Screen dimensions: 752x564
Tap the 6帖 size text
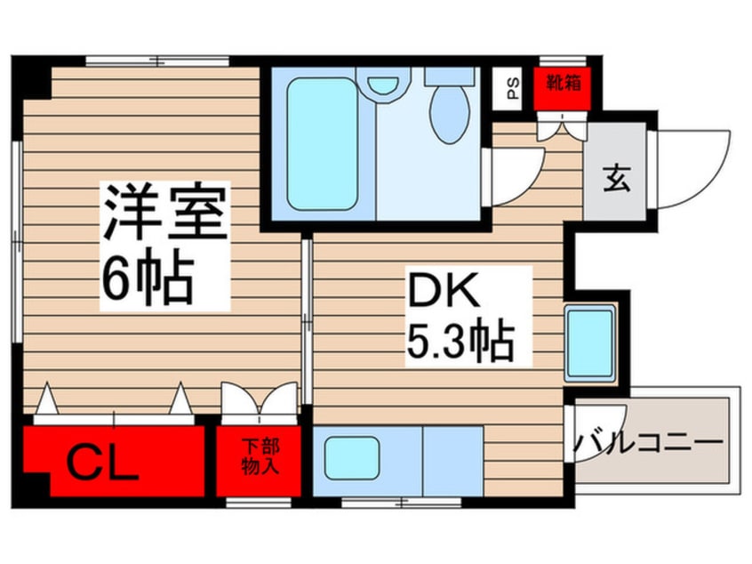click(148, 278)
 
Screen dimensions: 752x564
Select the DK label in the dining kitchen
click(444, 290)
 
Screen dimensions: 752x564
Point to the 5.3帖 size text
click(460, 342)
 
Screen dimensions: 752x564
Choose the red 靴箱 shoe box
click(563, 88)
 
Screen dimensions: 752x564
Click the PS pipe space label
click(513, 88)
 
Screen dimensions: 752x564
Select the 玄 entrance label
click(616, 179)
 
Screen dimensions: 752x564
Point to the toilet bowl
click(450, 114)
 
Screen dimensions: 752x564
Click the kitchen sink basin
click(352, 458)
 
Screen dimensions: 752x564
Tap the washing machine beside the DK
click(589, 343)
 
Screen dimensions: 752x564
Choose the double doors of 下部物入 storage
click(259, 399)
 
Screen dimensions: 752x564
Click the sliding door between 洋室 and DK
click(307, 322)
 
